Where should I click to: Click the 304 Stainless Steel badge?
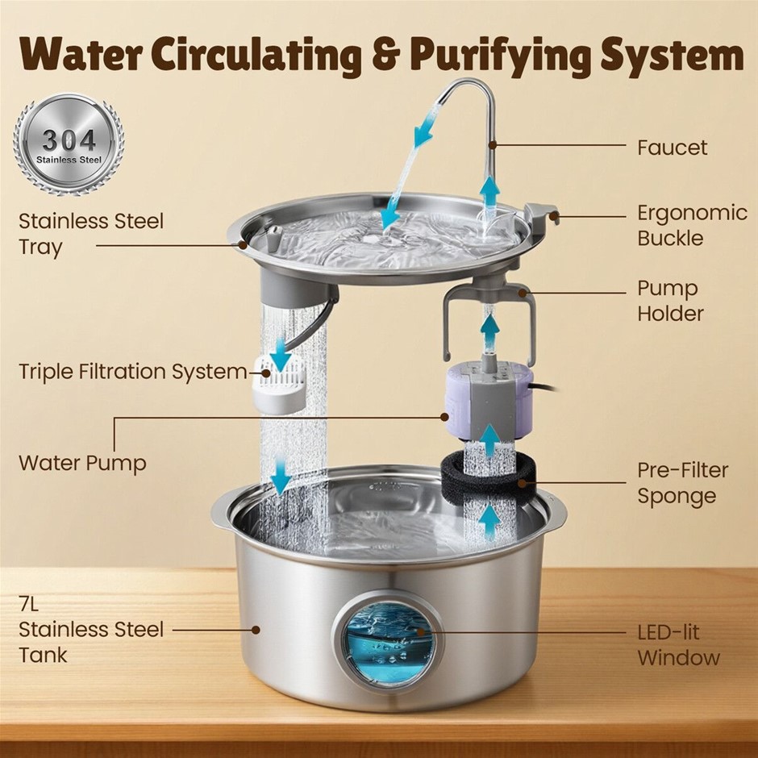(69, 144)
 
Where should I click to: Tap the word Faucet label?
(672, 148)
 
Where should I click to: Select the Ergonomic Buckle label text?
(692, 225)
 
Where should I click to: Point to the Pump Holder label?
(670, 301)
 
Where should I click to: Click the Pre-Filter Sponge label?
(682, 483)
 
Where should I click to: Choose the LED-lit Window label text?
(679, 645)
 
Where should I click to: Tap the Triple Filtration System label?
(133, 373)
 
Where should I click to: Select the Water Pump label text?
(83, 463)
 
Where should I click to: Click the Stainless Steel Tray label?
(91, 234)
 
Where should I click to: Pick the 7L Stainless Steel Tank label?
(91, 630)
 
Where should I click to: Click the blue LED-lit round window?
(388, 642)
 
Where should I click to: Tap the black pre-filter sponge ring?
(488, 475)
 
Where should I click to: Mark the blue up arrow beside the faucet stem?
(490, 192)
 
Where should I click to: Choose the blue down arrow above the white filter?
(280, 354)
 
